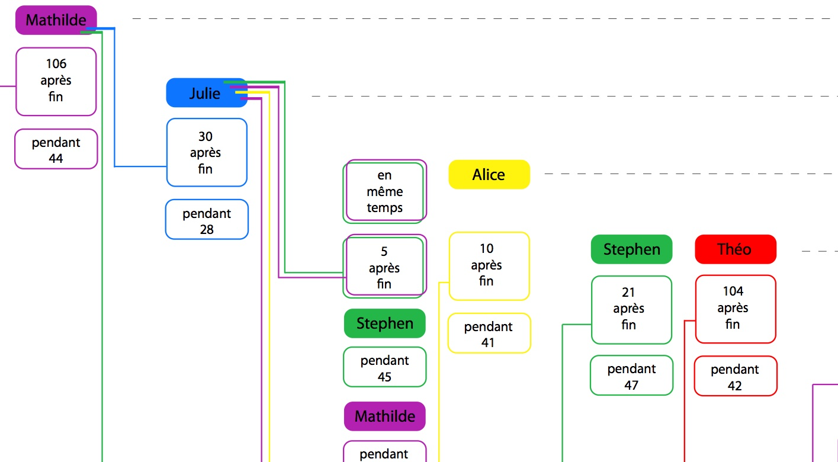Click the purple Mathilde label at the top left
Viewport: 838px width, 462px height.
(x=56, y=20)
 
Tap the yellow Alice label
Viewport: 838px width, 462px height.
(x=489, y=175)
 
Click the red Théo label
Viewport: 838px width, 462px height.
(x=735, y=249)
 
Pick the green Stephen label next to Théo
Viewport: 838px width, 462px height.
(x=631, y=249)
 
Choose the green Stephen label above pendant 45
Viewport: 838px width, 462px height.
(x=384, y=323)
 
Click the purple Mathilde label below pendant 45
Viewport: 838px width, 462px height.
(x=384, y=416)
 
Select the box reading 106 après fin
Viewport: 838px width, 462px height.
(x=56, y=81)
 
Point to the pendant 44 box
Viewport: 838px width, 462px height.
(x=56, y=149)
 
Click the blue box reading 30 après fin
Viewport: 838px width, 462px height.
(x=206, y=153)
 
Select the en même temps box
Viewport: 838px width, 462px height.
(x=384, y=191)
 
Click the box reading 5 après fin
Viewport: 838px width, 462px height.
(x=384, y=267)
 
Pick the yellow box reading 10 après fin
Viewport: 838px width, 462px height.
(x=489, y=265)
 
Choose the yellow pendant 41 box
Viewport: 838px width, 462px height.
(x=489, y=333)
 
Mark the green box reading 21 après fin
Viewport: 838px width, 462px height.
(x=631, y=309)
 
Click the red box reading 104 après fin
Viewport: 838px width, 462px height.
(x=735, y=309)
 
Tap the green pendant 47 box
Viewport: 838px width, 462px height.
(x=631, y=376)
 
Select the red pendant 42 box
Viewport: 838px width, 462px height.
(x=735, y=376)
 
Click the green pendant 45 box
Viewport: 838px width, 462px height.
(x=384, y=367)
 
